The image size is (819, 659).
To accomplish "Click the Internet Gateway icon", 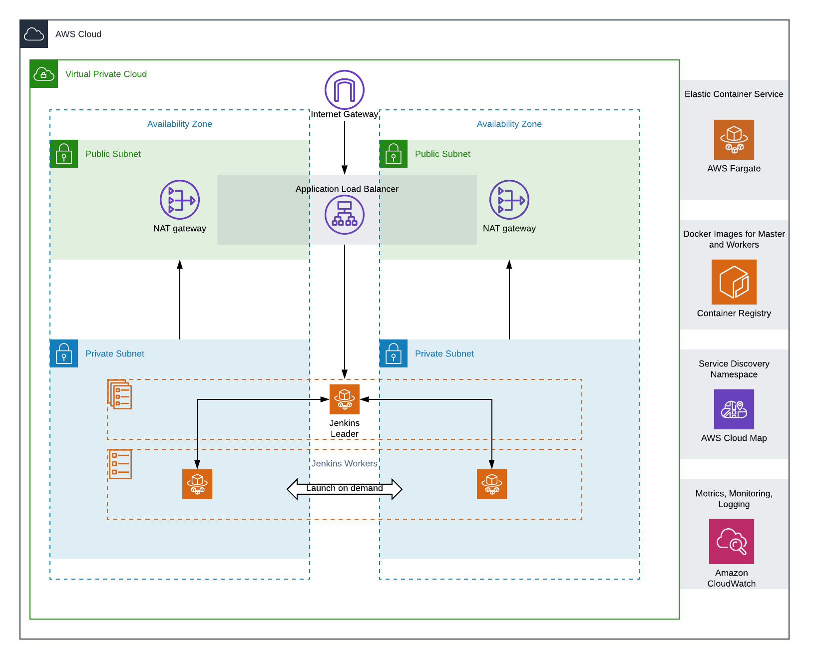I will pyautogui.click(x=345, y=90).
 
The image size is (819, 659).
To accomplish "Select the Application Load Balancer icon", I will pyautogui.click(x=345, y=215).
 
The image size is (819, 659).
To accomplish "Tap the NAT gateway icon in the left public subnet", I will pyautogui.click(x=180, y=200).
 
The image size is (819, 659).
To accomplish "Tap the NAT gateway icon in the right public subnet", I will pyautogui.click(x=509, y=200).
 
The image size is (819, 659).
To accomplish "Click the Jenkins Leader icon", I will pyautogui.click(x=345, y=399).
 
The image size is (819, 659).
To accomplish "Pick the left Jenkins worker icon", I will pyautogui.click(x=197, y=484).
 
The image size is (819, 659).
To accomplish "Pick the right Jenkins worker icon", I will pyautogui.click(x=492, y=484).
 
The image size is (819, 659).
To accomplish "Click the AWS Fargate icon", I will pyautogui.click(x=734, y=140).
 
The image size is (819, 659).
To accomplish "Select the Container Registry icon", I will pyautogui.click(x=734, y=282).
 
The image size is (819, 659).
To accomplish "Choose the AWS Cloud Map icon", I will pyautogui.click(x=734, y=409).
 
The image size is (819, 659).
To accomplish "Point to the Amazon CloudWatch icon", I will pyautogui.click(x=732, y=542).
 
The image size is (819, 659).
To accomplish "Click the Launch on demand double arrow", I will pyautogui.click(x=345, y=489).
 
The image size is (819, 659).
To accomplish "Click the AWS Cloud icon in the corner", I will pyautogui.click(x=34, y=34).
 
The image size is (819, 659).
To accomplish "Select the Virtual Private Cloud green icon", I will pyautogui.click(x=44, y=74).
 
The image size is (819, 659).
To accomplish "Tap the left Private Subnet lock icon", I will pyautogui.click(x=64, y=353).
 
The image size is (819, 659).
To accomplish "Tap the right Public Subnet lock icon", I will pyautogui.click(x=394, y=154).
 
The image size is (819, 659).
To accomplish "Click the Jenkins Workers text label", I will pyautogui.click(x=345, y=463).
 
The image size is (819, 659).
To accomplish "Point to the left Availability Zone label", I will pyautogui.click(x=180, y=124).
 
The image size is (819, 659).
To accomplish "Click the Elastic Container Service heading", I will pyautogui.click(x=734, y=94).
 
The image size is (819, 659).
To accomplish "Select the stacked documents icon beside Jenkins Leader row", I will pyautogui.click(x=120, y=394).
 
